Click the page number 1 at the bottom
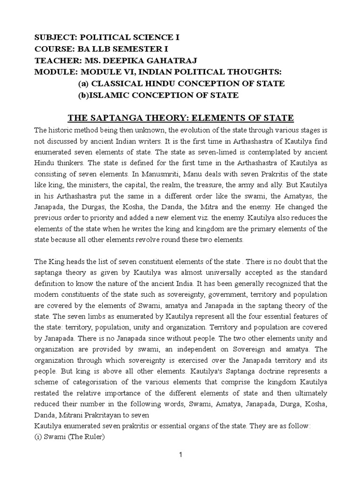(x=181, y=454)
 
